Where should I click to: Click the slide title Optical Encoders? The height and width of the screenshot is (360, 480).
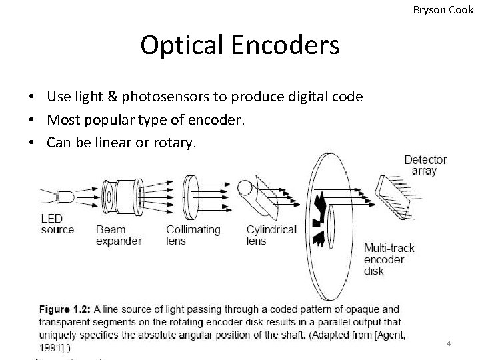[239, 45]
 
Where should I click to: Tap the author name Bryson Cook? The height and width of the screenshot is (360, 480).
[443, 10]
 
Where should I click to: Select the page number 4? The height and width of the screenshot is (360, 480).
[449, 343]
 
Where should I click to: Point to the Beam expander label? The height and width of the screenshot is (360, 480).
[119, 235]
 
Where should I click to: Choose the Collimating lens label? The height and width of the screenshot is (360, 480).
[193, 235]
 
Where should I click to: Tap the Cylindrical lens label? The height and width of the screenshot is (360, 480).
[271, 235]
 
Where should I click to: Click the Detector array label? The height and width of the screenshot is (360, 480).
[425, 165]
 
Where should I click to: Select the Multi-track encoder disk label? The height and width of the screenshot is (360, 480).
[389, 259]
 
